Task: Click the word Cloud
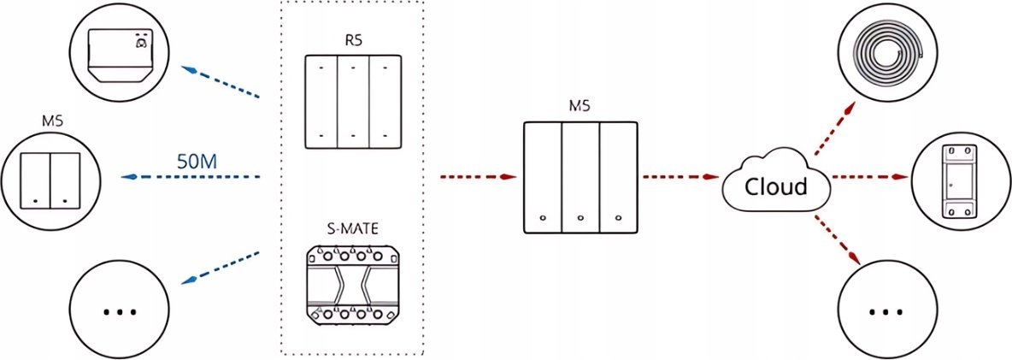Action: coord(776,186)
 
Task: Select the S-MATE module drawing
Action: coord(352,285)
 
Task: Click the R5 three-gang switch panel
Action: coord(352,103)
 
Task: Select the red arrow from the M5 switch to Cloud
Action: coord(680,177)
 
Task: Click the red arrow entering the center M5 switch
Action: coord(479,177)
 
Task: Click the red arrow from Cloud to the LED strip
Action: coord(834,128)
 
